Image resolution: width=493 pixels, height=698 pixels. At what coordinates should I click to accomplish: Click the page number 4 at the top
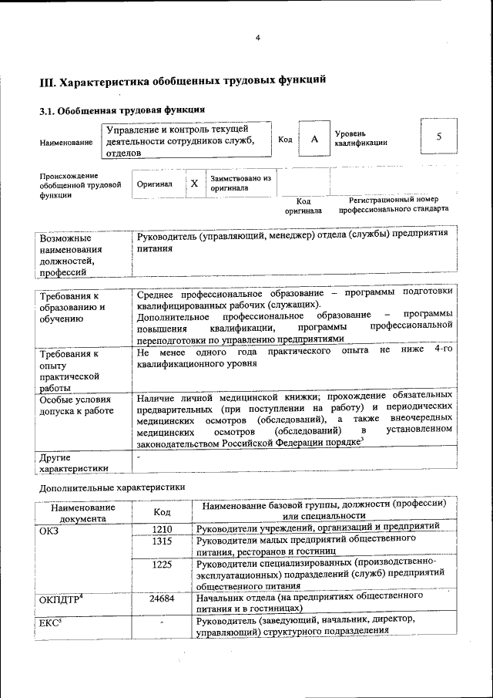pos(258,38)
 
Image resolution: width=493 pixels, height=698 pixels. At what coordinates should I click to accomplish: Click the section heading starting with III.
pos(183,79)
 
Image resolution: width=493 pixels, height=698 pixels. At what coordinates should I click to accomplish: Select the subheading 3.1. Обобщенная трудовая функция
pos(122,110)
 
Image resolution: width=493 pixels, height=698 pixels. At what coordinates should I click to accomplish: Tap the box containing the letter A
pos(314,139)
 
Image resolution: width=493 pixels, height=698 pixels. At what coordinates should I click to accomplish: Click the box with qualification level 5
pos(438,137)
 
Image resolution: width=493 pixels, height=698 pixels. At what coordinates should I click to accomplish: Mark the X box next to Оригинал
pos(195,184)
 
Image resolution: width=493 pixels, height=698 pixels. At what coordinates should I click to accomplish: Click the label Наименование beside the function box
pos(66,142)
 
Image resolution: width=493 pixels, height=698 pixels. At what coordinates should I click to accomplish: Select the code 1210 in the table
pos(162,528)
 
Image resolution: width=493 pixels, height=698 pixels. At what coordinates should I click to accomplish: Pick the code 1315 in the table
pos(162,541)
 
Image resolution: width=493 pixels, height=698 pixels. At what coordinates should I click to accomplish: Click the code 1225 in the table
pos(162,565)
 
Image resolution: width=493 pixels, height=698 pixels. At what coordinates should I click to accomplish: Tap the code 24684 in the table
pos(162,599)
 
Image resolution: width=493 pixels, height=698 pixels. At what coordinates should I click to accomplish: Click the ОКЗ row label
pos(49,529)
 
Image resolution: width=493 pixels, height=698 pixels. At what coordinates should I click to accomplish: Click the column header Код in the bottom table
pos(162,511)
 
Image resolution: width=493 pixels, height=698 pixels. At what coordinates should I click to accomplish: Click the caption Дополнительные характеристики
pos(112,487)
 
